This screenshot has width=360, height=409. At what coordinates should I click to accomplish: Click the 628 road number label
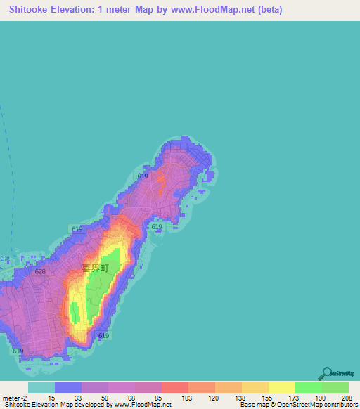[40, 271]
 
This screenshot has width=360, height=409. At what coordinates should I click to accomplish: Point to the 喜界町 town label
[96, 268]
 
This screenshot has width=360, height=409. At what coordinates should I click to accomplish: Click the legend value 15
[52, 398]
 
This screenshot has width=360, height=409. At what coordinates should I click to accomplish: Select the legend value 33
[79, 398]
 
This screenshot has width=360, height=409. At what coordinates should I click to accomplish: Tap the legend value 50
[105, 398]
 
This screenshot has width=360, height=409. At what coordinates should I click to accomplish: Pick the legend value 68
[132, 398]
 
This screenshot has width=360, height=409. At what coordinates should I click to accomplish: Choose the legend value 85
[159, 398]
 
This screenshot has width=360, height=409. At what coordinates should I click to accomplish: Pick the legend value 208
[347, 398]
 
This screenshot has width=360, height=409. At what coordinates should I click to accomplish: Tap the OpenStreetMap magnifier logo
[327, 372]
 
